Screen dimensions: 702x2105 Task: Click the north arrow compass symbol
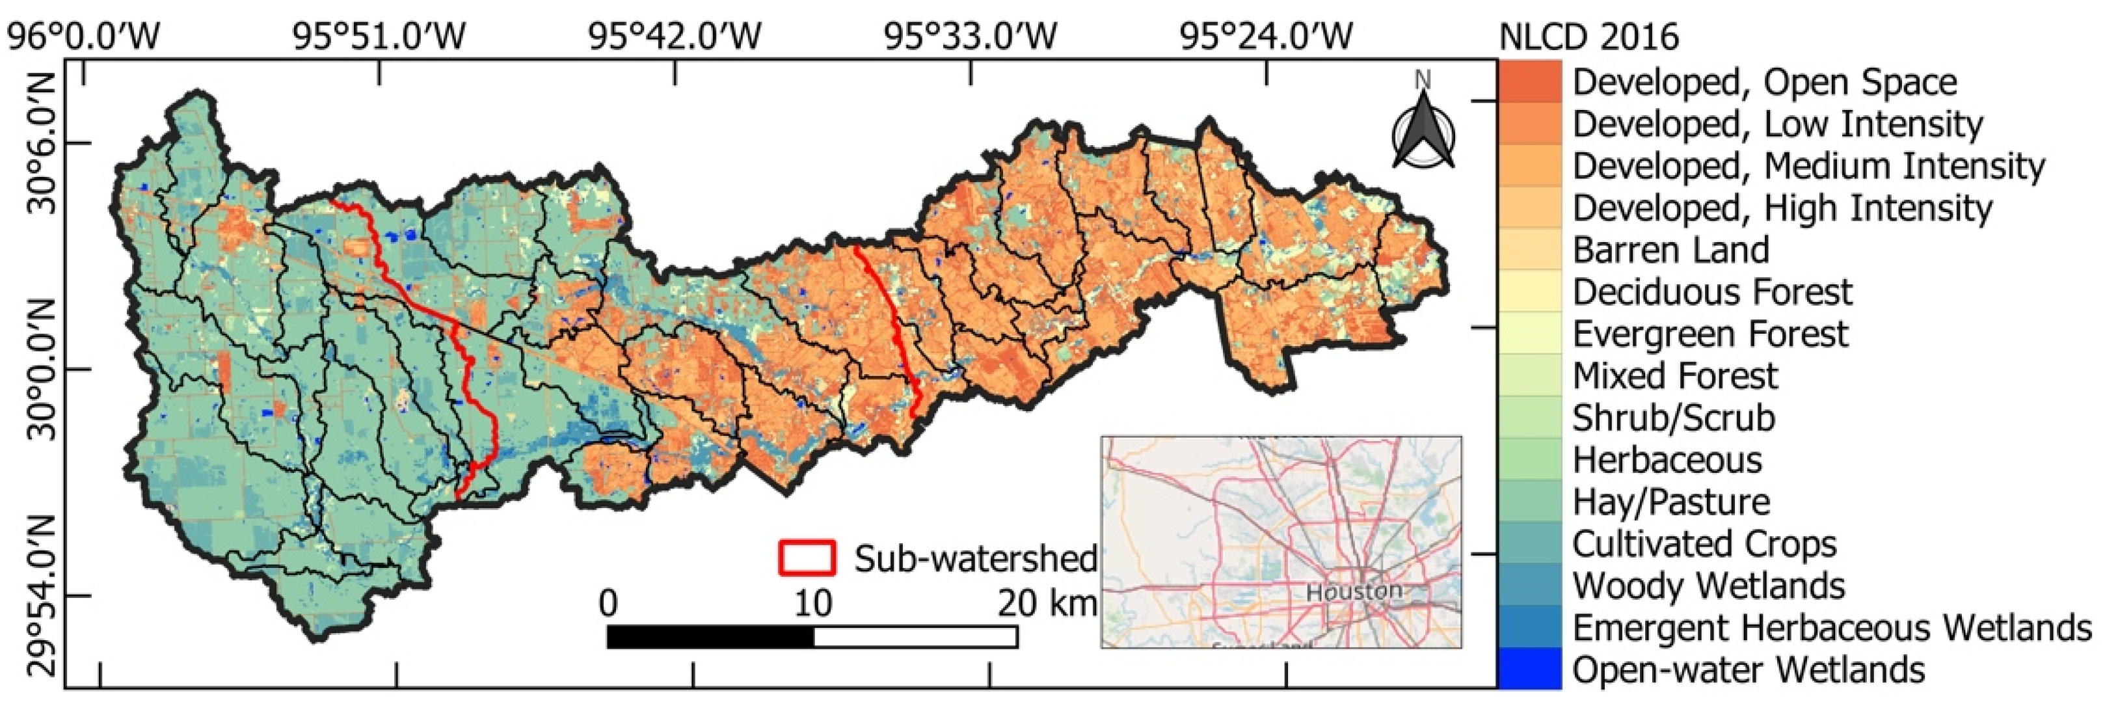[x=1423, y=131]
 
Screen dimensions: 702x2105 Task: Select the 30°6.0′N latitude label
[x=42, y=143]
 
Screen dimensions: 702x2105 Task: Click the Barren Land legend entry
[x=1670, y=250]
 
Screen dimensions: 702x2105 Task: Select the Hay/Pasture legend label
[x=1670, y=502]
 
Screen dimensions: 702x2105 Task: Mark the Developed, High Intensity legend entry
[x=1782, y=208]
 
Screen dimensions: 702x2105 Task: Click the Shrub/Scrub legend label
[x=1674, y=418]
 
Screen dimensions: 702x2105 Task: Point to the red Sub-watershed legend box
[x=807, y=558]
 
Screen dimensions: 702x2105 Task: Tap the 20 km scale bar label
[x=1047, y=603]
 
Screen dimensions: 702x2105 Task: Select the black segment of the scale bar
[x=710, y=637]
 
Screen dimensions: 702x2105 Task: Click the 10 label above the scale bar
[x=812, y=603]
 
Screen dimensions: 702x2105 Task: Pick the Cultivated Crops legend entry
[x=1704, y=543]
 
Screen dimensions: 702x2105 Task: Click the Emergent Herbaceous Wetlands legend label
[x=1831, y=628]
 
